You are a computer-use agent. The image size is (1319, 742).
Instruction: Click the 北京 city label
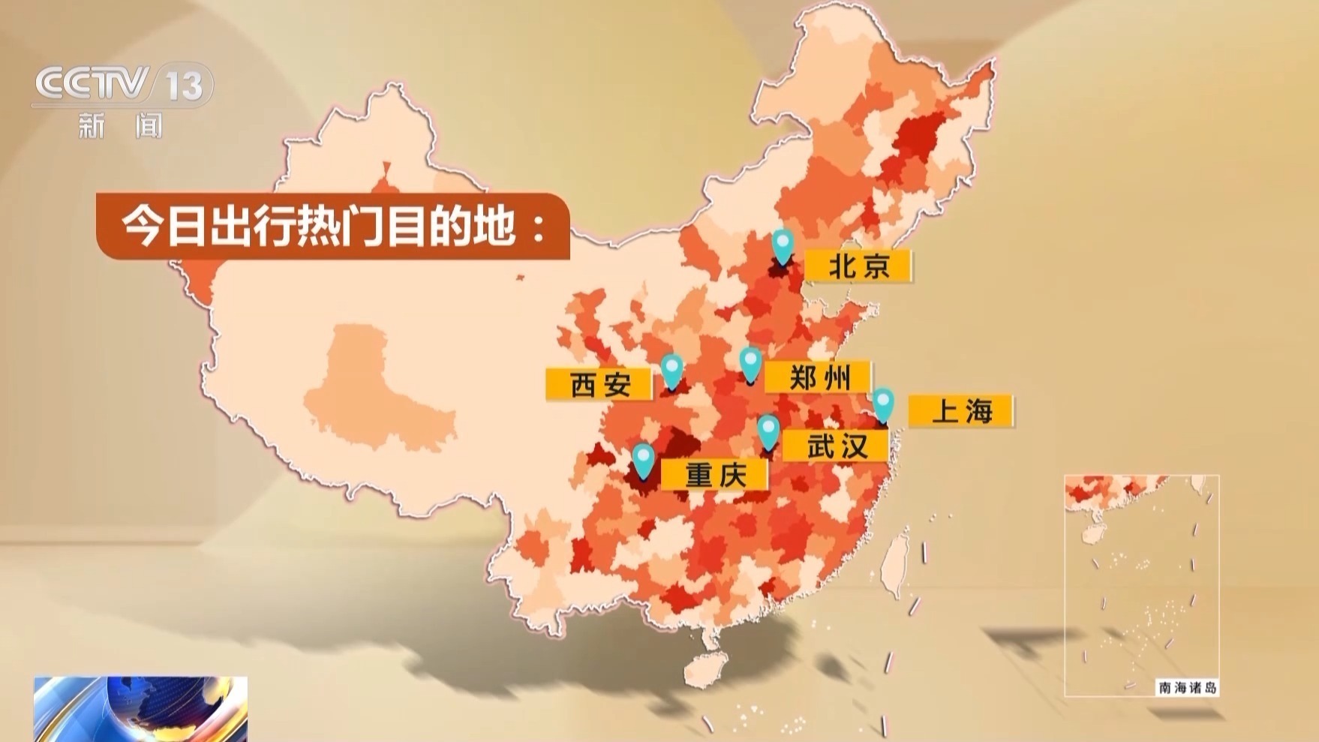pos(858,266)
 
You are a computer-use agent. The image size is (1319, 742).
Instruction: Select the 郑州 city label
pos(819,377)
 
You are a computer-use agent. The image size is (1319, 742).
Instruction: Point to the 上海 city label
pos(961,411)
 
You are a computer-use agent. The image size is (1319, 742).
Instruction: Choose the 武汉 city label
pos(836,446)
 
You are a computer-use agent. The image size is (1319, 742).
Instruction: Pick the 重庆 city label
pos(716,475)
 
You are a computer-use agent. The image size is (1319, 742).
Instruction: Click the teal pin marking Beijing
pos(783,245)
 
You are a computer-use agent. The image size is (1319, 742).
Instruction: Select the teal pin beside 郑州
pos(750,363)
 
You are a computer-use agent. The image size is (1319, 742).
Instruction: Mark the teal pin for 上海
pos(883,404)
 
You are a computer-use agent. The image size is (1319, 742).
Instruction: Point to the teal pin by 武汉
pos(768,431)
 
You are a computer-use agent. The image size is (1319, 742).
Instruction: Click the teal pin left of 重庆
pos(643,459)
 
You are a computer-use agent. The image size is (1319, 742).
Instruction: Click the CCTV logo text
pos(92,84)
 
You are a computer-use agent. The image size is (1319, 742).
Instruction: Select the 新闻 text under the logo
pos(120,126)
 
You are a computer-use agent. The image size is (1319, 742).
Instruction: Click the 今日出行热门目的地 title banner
pos(332,227)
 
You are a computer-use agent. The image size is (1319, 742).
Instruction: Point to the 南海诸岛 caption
pos(1187,687)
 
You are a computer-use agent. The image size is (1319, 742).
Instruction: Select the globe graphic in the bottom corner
pos(140,708)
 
